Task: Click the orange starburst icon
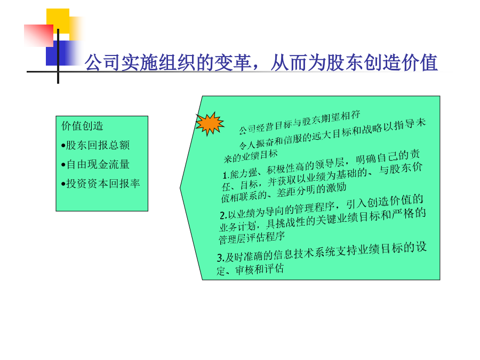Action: pos(210,123)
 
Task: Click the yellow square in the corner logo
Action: pos(58,21)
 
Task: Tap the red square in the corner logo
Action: pos(38,36)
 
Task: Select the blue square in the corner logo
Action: pos(58,53)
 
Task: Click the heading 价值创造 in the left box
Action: pos(82,126)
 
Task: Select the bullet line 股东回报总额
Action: pos(95,145)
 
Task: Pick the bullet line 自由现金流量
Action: pos(95,164)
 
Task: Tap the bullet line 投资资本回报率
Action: pos(101,183)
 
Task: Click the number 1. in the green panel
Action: pos(226,175)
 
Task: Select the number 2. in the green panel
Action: pos(223,215)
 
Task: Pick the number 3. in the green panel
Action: pos(221,258)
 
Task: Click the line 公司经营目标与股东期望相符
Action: pos(299,123)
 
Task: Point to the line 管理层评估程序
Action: pos(252,237)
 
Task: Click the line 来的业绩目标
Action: pos(251,156)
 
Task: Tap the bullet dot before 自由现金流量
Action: pos(63,165)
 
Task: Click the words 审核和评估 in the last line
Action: pos(259,269)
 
